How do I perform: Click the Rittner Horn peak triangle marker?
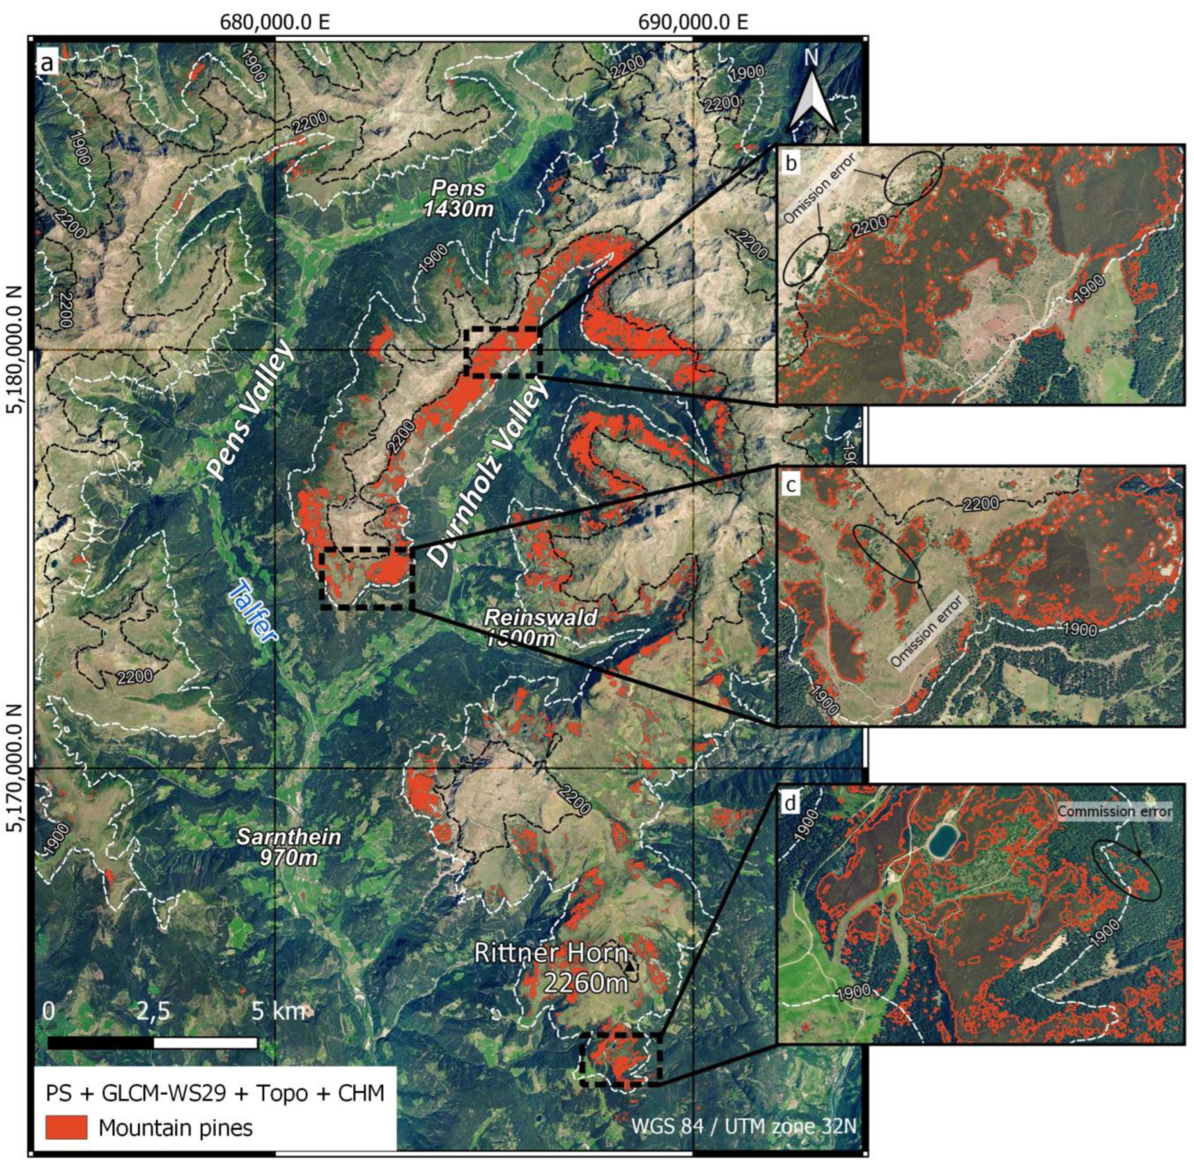[629, 967]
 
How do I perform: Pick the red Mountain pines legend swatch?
[67, 1127]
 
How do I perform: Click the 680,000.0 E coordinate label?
[275, 23]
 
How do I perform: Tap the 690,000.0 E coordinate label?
[693, 23]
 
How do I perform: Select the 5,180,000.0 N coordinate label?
[14, 349]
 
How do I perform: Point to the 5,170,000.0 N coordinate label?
[14, 768]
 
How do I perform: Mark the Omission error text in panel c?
[927, 631]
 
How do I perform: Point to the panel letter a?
[48, 63]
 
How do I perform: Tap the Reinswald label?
[539, 617]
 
